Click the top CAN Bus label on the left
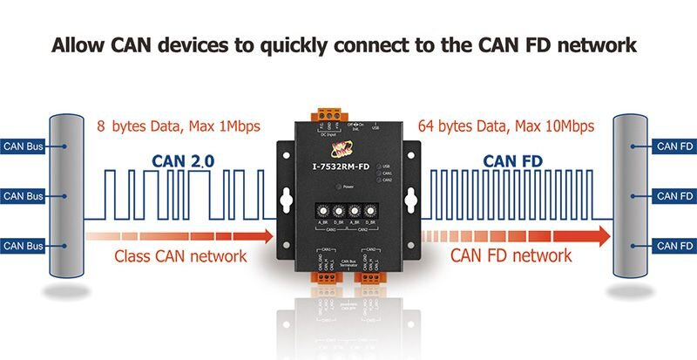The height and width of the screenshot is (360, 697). [24, 146]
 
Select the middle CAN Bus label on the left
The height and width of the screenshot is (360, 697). [24, 196]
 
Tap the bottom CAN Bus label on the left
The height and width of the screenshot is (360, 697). [24, 247]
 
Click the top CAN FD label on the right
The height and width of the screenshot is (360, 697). [674, 146]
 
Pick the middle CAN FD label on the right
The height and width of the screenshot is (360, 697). [674, 196]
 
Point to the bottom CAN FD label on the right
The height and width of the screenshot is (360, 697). [674, 247]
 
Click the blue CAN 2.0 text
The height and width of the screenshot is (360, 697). [183, 161]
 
